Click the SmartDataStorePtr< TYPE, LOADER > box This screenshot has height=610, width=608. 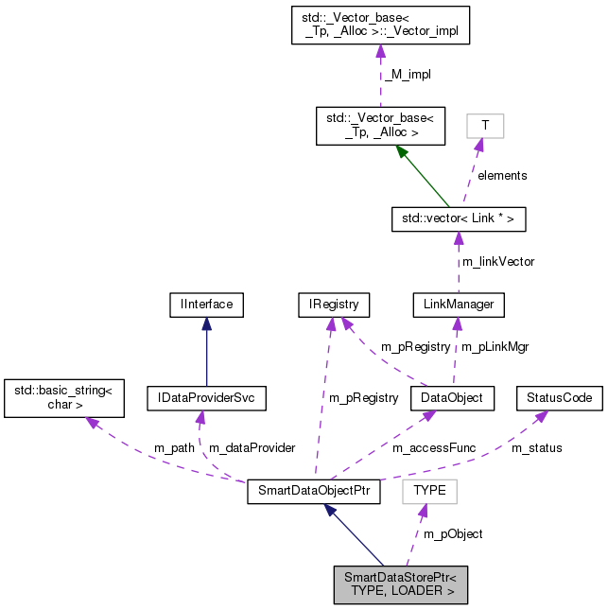[x=401, y=584]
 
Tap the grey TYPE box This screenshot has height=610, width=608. [x=429, y=492]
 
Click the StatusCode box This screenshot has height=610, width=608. [x=560, y=398]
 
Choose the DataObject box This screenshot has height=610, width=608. [x=452, y=398]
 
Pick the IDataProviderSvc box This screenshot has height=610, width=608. [x=207, y=398]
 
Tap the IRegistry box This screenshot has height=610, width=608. [x=332, y=305]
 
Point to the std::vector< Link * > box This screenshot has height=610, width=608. [x=459, y=219]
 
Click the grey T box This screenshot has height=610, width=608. [x=485, y=126]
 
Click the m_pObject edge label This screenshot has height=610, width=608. [x=453, y=534]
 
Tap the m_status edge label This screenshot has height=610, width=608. [x=537, y=447]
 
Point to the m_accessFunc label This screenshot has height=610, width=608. [x=434, y=447]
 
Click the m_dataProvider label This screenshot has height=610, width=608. [x=252, y=447]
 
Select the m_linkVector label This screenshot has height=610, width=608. [x=496, y=261]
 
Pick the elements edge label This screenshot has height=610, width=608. [x=501, y=175]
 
